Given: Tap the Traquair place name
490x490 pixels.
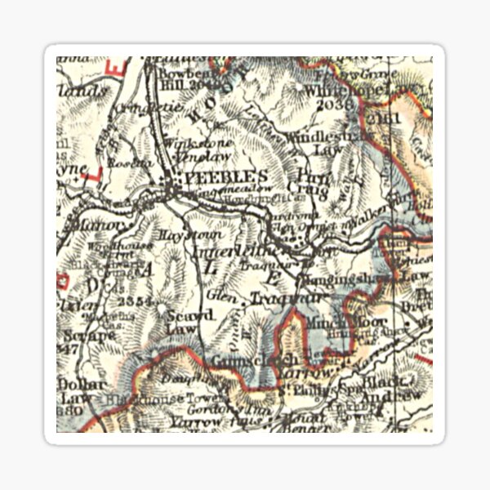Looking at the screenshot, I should tap(269, 300).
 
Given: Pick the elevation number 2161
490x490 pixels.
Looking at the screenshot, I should tap(378, 119).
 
